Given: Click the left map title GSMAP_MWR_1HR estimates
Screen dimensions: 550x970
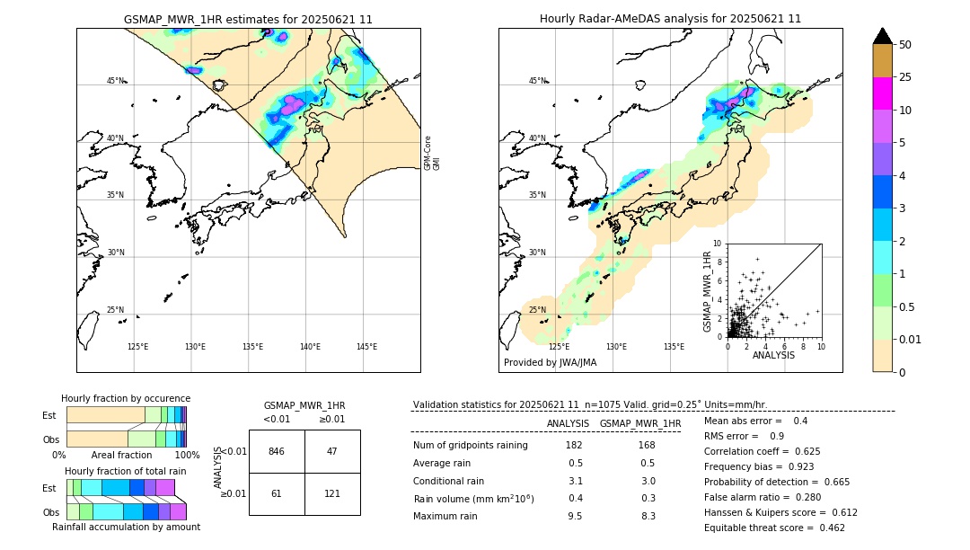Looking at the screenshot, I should (x=248, y=19).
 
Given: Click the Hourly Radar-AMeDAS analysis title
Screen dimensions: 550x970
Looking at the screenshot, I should (x=670, y=19).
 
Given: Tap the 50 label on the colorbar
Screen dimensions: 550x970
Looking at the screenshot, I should (x=905, y=45).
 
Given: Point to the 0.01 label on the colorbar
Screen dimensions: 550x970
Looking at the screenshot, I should (x=911, y=339).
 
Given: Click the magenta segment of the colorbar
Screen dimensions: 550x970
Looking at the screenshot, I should (x=882, y=93).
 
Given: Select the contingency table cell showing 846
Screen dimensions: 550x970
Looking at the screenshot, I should (x=277, y=451).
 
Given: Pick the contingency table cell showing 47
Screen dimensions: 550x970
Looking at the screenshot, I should (x=332, y=451).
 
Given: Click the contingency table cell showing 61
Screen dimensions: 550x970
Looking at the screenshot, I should (x=277, y=494).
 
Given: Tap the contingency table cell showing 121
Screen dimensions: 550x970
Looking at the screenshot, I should (x=332, y=494).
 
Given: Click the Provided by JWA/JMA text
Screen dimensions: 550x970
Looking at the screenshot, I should (x=550, y=362).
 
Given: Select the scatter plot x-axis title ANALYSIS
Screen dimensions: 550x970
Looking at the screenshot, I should (x=773, y=355).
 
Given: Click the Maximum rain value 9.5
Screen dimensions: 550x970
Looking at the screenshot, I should (x=575, y=516).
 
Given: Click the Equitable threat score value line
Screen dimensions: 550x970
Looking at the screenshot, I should (x=774, y=528).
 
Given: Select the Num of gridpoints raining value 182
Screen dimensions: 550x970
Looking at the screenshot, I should (x=575, y=445).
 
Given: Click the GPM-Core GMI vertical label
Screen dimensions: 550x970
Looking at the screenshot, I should (x=432, y=153).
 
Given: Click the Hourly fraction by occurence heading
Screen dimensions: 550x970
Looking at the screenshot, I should (x=126, y=398).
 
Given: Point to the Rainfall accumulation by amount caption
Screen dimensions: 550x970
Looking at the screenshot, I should (x=126, y=528).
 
